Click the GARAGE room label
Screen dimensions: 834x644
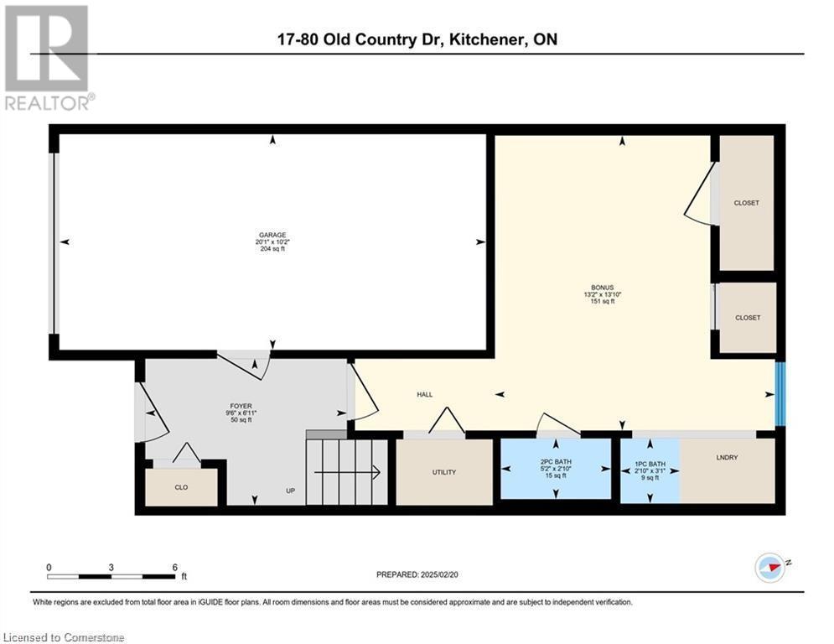point(272,235)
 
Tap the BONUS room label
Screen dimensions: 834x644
point(602,288)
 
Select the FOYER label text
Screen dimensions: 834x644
point(241,406)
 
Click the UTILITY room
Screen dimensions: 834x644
point(444,472)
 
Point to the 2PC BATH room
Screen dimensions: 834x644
point(556,469)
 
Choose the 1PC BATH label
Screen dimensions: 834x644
point(650,464)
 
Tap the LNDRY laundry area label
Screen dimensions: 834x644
point(727,457)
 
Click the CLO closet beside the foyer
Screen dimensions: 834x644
point(181,487)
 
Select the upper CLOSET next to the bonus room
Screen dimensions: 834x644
point(746,203)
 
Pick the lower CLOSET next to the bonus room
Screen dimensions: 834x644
point(748,318)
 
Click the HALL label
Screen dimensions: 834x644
point(424,394)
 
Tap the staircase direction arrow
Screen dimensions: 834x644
point(347,472)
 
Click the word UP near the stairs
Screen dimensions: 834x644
point(290,491)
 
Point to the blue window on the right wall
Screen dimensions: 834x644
point(780,394)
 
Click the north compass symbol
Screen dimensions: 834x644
point(771,568)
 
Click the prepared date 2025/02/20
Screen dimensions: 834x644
point(439,574)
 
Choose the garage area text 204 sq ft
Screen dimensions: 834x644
point(272,248)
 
